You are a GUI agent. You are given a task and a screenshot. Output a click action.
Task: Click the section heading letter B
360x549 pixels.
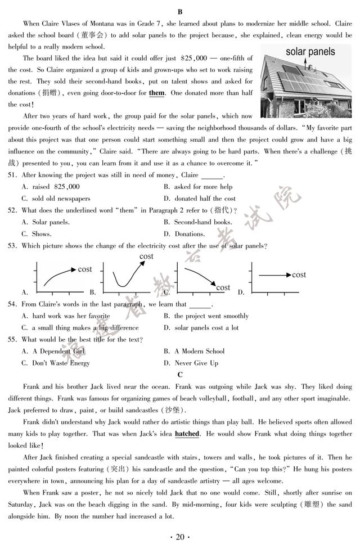(x=180, y=11)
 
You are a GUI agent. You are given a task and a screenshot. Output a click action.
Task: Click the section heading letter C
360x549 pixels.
(x=180, y=375)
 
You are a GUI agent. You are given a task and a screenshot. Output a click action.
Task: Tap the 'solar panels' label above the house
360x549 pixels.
(x=310, y=52)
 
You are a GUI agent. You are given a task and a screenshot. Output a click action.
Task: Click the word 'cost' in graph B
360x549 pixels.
(x=146, y=256)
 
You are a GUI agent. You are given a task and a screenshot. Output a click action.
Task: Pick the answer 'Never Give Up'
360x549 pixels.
(x=196, y=363)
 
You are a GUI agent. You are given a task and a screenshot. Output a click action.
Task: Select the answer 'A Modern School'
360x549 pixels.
(x=199, y=352)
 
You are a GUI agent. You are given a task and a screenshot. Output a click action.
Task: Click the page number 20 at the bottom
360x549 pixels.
(x=180, y=537)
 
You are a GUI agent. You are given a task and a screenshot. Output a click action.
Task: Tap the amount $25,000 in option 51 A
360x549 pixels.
(x=67, y=187)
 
